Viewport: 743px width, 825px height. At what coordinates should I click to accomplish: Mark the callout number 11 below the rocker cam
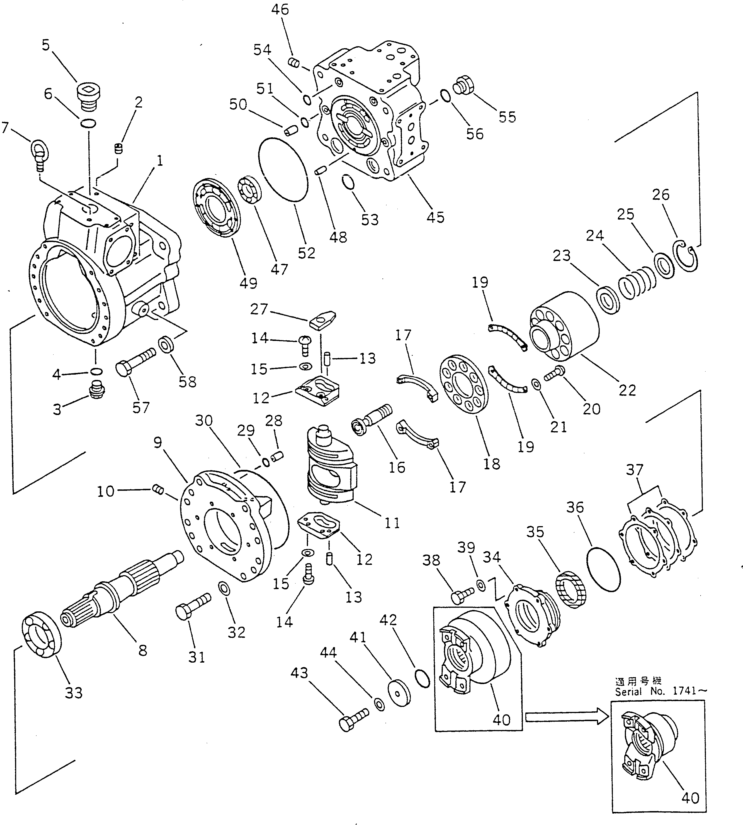392,523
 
